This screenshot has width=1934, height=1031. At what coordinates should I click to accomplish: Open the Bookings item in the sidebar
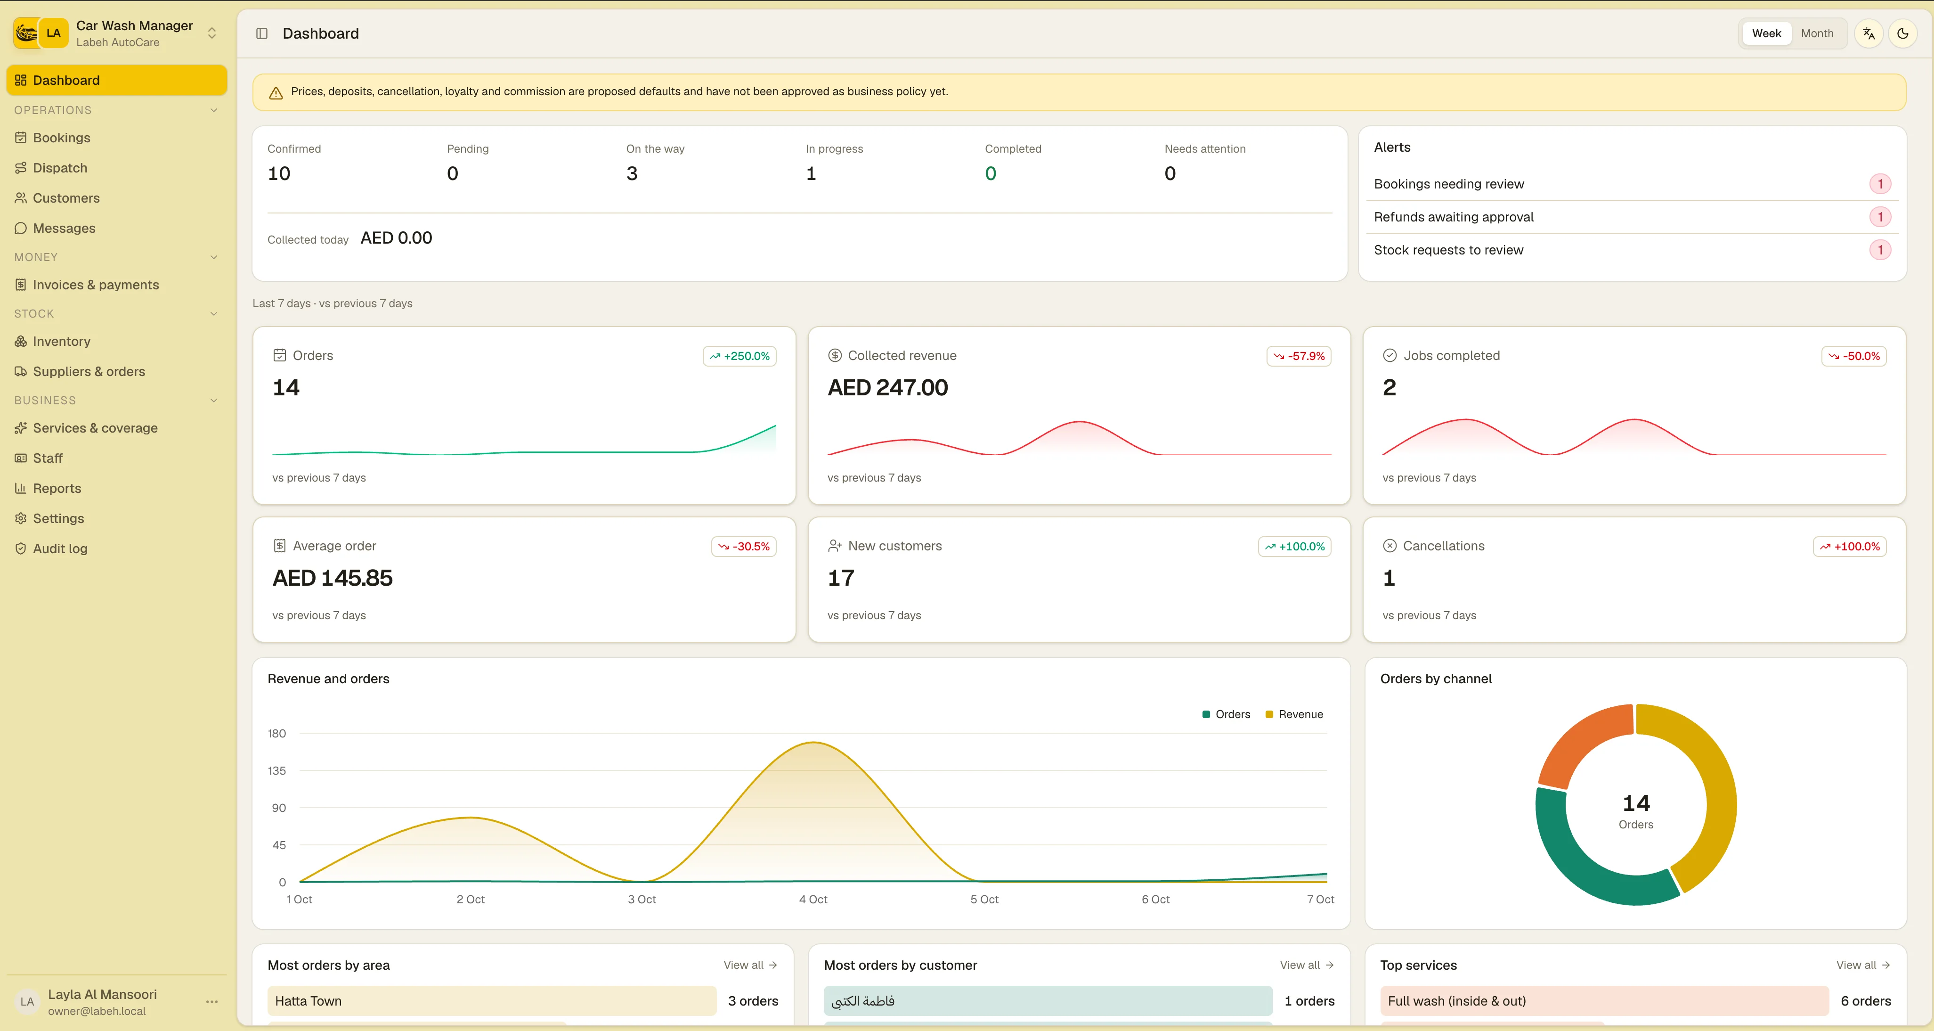pyautogui.click(x=62, y=138)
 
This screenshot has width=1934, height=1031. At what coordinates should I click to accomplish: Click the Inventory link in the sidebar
pyautogui.click(x=62, y=341)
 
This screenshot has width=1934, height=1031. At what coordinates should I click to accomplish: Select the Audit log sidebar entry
pyautogui.click(x=60, y=548)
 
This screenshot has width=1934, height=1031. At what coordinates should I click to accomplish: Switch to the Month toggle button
pyautogui.click(x=1817, y=33)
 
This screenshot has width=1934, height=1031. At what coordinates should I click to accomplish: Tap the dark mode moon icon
pyautogui.click(x=1902, y=33)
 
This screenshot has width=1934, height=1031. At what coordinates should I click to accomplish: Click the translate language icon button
pyautogui.click(x=1869, y=33)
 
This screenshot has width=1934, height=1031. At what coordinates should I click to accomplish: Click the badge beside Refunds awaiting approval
pyautogui.click(x=1880, y=217)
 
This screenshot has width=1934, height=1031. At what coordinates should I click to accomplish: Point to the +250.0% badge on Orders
pyautogui.click(x=739, y=356)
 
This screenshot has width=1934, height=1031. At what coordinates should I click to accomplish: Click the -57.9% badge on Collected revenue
pyautogui.click(x=1299, y=356)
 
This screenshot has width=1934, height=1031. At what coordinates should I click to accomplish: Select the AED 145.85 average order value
pyautogui.click(x=333, y=577)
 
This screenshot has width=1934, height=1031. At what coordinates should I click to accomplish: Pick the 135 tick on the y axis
pyautogui.click(x=277, y=770)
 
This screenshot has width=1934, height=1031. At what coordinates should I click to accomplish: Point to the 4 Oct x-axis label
pyautogui.click(x=813, y=899)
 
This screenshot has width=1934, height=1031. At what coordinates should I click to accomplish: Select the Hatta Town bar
pyautogui.click(x=492, y=1001)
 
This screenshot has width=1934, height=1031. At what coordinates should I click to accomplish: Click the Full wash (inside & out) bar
pyautogui.click(x=1604, y=1001)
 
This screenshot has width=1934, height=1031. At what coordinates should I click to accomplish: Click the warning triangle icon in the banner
pyautogui.click(x=276, y=92)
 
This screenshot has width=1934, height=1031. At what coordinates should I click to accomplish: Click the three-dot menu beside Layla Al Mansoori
pyautogui.click(x=211, y=1002)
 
